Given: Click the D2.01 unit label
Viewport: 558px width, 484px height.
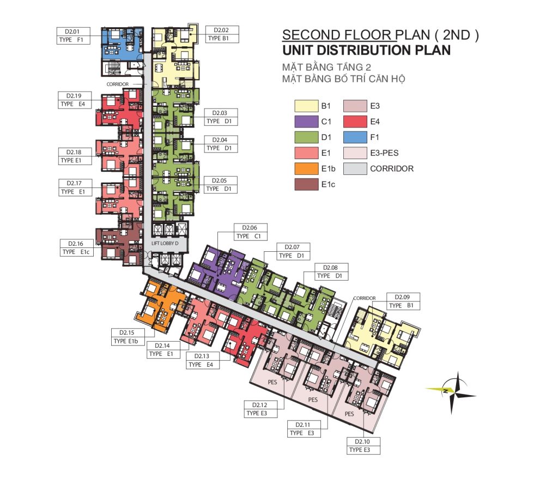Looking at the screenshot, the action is tap(74, 35).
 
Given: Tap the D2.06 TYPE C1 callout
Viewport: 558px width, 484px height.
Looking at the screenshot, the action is tap(250, 232).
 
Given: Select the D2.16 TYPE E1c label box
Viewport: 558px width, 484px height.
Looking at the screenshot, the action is tap(76, 247).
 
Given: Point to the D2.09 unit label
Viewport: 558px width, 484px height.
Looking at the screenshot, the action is tap(403, 301).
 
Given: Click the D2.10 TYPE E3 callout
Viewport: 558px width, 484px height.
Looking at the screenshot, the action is tap(363, 445).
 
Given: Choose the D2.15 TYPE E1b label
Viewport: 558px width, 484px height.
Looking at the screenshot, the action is tap(128, 337).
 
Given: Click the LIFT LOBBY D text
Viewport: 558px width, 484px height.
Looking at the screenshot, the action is tap(165, 244).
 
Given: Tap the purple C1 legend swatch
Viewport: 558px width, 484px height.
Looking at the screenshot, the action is tap(306, 122).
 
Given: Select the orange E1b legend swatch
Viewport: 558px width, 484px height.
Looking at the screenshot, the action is tap(306, 168).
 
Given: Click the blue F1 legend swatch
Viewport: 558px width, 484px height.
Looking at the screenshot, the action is tap(355, 137).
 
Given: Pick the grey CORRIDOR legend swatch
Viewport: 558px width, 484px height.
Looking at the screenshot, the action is tap(355, 168).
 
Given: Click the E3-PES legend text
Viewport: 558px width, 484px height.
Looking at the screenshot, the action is tap(384, 153).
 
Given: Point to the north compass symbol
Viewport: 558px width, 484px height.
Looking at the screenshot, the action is tap(452, 392).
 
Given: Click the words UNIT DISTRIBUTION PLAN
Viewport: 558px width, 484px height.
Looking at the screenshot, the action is tap(367, 50).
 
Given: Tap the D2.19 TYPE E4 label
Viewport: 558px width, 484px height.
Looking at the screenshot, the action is tap(75, 100).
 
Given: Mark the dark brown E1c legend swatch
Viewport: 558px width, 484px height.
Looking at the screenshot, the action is tap(306, 184).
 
